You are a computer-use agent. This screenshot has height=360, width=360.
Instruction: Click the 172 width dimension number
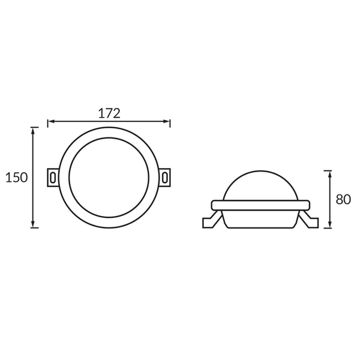click(x=109, y=112)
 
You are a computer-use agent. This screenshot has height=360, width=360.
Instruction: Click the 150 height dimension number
click(x=16, y=178)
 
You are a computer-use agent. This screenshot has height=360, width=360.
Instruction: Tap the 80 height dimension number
click(x=343, y=199)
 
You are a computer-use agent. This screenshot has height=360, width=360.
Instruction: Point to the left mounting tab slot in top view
click(x=53, y=178)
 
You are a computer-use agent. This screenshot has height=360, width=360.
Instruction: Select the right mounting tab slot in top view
click(x=165, y=178)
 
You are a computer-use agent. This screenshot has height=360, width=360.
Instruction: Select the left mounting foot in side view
click(x=213, y=220)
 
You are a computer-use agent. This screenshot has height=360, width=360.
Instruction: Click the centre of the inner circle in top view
click(x=109, y=178)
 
